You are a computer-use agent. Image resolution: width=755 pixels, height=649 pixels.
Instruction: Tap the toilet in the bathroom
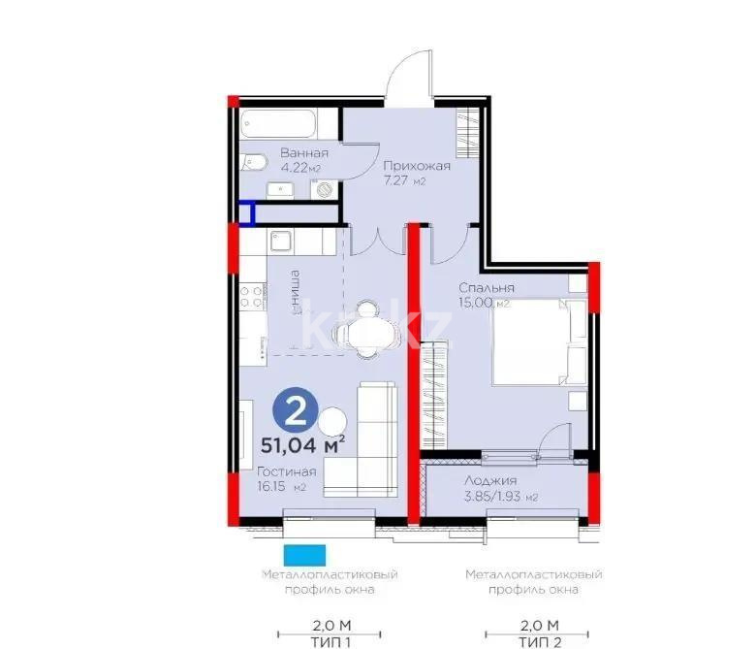258,162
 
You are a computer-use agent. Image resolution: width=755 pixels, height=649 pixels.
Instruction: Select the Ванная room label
304,153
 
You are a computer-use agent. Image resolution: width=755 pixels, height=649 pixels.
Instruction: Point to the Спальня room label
487,288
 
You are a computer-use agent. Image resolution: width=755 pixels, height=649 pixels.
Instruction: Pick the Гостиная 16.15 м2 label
287,479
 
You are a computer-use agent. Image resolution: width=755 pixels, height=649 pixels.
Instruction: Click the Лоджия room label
489,480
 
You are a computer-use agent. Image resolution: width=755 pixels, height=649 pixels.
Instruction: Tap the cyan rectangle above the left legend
304,556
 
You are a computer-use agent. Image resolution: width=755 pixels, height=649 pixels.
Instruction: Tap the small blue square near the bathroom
247,213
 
